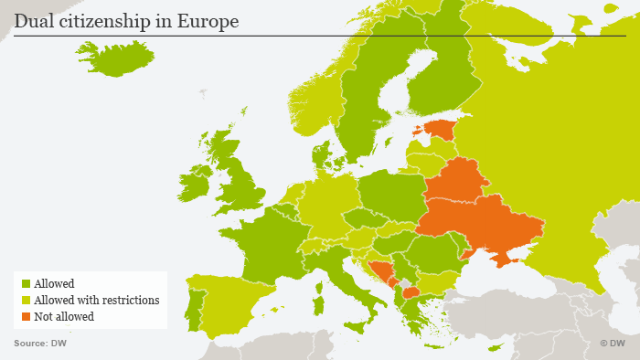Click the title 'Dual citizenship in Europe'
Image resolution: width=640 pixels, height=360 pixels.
click(x=127, y=21)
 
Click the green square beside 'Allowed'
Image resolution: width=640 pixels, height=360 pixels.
click(x=25, y=284)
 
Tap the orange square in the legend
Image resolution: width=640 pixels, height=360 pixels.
click(x=25, y=317)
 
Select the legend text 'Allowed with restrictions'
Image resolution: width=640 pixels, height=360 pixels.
click(x=97, y=301)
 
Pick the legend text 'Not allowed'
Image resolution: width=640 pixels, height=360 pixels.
click(x=65, y=317)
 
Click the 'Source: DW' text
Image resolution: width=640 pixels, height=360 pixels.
click(x=40, y=344)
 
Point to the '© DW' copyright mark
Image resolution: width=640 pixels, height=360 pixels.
click(x=612, y=344)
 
